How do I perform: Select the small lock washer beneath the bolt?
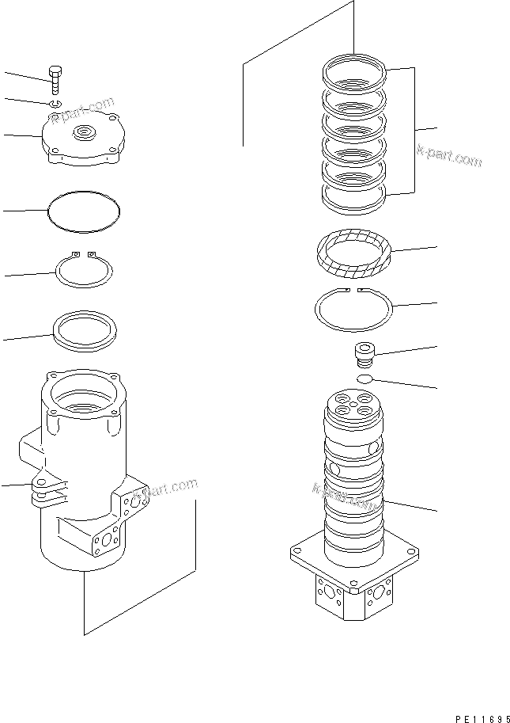54,104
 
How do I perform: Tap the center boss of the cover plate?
84,133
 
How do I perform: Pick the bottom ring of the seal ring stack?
354,198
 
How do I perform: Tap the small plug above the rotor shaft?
364,355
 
